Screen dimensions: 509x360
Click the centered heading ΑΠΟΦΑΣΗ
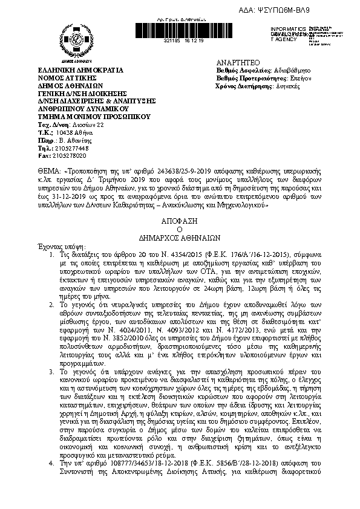[x=179, y=221]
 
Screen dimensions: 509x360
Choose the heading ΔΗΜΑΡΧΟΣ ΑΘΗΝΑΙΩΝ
[x=179, y=238]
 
